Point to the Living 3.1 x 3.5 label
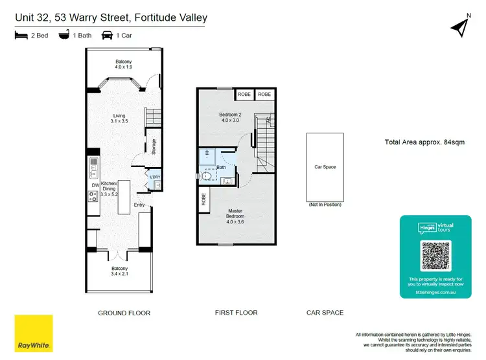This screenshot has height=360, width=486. pyautogui.click(x=119, y=118)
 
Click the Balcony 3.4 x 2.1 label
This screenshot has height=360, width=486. pyautogui.click(x=119, y=271)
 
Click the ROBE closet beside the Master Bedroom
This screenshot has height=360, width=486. pyautogui.click(x=203, y=200)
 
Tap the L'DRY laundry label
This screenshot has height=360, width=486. pyautogui.click(x=155, y=177)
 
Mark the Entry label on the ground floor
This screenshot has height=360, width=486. pyautogui.click(x=139, y=206)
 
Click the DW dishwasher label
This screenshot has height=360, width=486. pyautogui.click(x=95, y=184)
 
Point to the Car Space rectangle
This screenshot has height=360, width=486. pyautogui.click(x=325, y=167)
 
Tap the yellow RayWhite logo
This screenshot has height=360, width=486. pyautogui.click(x=33, y=333)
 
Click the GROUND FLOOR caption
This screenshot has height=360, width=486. pyautogui.click(x=124, y=313)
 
